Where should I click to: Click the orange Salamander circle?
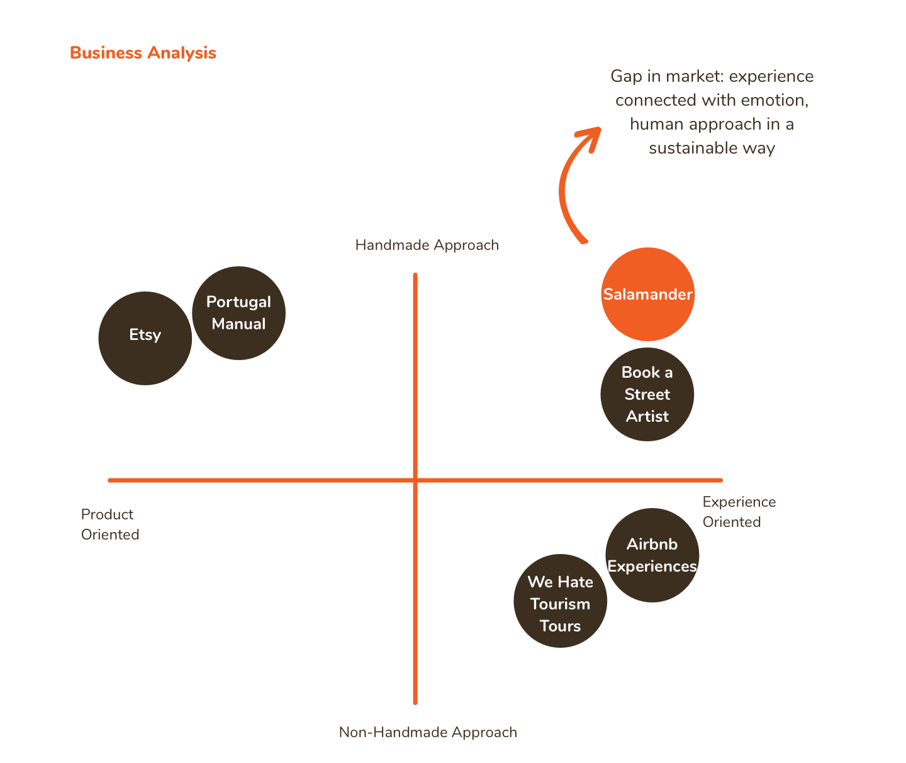click(647, 294)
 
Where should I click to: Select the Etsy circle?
click(145, 338)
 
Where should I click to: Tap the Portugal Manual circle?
click(238, 313)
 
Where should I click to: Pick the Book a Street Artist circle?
click(647, 394)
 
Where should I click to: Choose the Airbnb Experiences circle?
click(652, 555)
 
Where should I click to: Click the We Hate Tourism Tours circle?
click(560, 601)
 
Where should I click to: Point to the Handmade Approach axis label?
click(427, 245)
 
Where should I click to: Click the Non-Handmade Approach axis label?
click(428, 732)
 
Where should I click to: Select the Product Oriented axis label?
click(109, 524)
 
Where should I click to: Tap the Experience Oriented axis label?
click(739, 512)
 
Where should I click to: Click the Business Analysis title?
click(143, 53)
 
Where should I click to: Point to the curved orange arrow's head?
click(591, 135)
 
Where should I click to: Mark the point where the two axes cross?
click(415, 480)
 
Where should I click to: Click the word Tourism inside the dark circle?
click(560, 604)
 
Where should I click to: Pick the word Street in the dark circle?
click(647, 395)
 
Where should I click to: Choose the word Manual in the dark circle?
click(238, 324)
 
